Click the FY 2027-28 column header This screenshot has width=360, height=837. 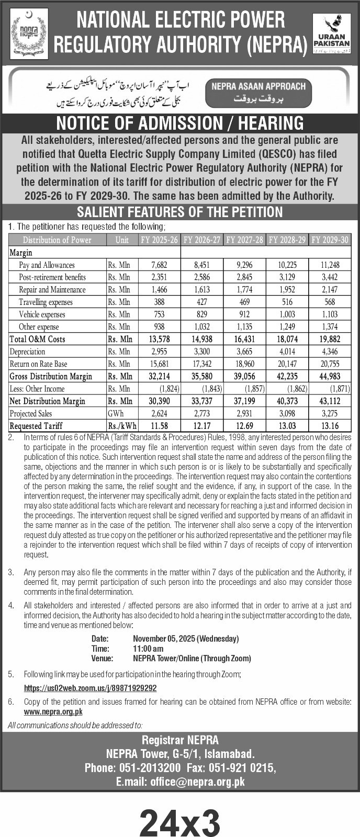(x=244, y=240)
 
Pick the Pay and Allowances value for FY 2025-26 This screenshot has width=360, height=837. (x=159, y=265)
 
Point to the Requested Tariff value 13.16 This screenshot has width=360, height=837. (x=329, y=426)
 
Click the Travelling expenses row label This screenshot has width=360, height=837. (x=46, y=302)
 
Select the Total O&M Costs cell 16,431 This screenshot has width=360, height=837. (x=244, y=340)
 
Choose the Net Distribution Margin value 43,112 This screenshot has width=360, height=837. (x=329, y=401)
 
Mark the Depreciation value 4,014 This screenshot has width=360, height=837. (x=287, y=352)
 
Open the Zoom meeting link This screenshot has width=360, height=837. (x=90, y=688)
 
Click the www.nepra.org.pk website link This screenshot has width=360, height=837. (x=53, y=711)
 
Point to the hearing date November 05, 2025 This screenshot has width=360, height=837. (x=186, y=639)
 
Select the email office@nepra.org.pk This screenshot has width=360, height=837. (x=197, y=782)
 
